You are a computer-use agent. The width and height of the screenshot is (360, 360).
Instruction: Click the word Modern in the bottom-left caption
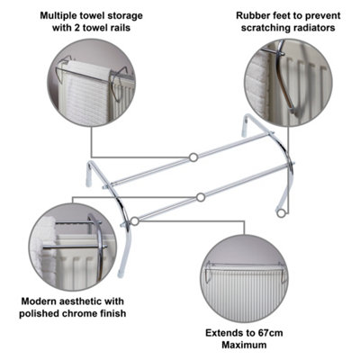click(40, 301)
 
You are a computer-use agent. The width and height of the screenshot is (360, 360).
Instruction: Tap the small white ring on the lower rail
click(200, 197)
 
